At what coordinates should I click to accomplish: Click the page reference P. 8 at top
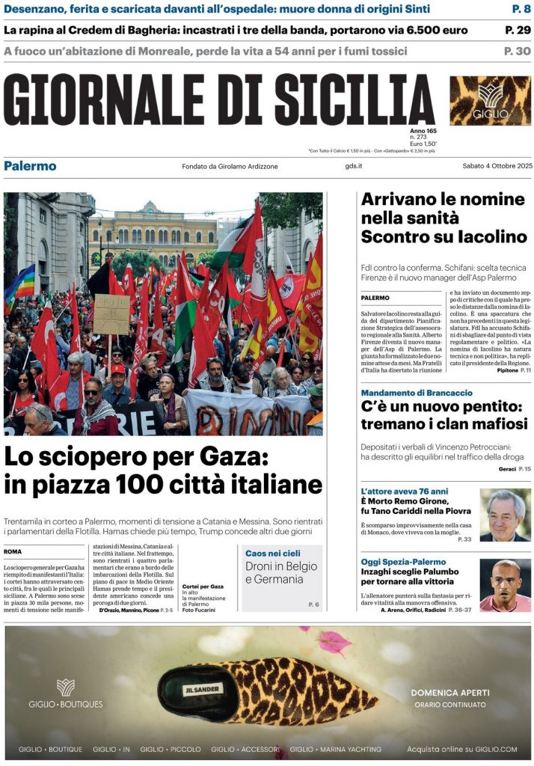pyautogui.click(x=521, y=9)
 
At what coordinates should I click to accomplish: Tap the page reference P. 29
pyautogui.click(x=518, y=30)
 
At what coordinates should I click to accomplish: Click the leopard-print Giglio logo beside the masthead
pyautogui.click(x=490, y=101)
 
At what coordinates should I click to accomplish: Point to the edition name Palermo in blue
pyautogui.click(x=30, y=166)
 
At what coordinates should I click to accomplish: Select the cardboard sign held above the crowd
pyautogui.click(x=111, y=314)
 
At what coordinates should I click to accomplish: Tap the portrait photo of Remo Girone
pyautogui.click(x=505, y=515)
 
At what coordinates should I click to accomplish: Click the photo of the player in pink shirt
pyautogui.click(x=505, y=585)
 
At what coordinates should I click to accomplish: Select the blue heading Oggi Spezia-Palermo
pyautogui.click(x=403, y=562)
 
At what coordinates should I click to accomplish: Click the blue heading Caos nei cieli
pyautogui.click(x=274, y=553)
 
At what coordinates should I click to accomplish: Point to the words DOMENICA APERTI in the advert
pyautogui.click(x=450, y=693)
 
